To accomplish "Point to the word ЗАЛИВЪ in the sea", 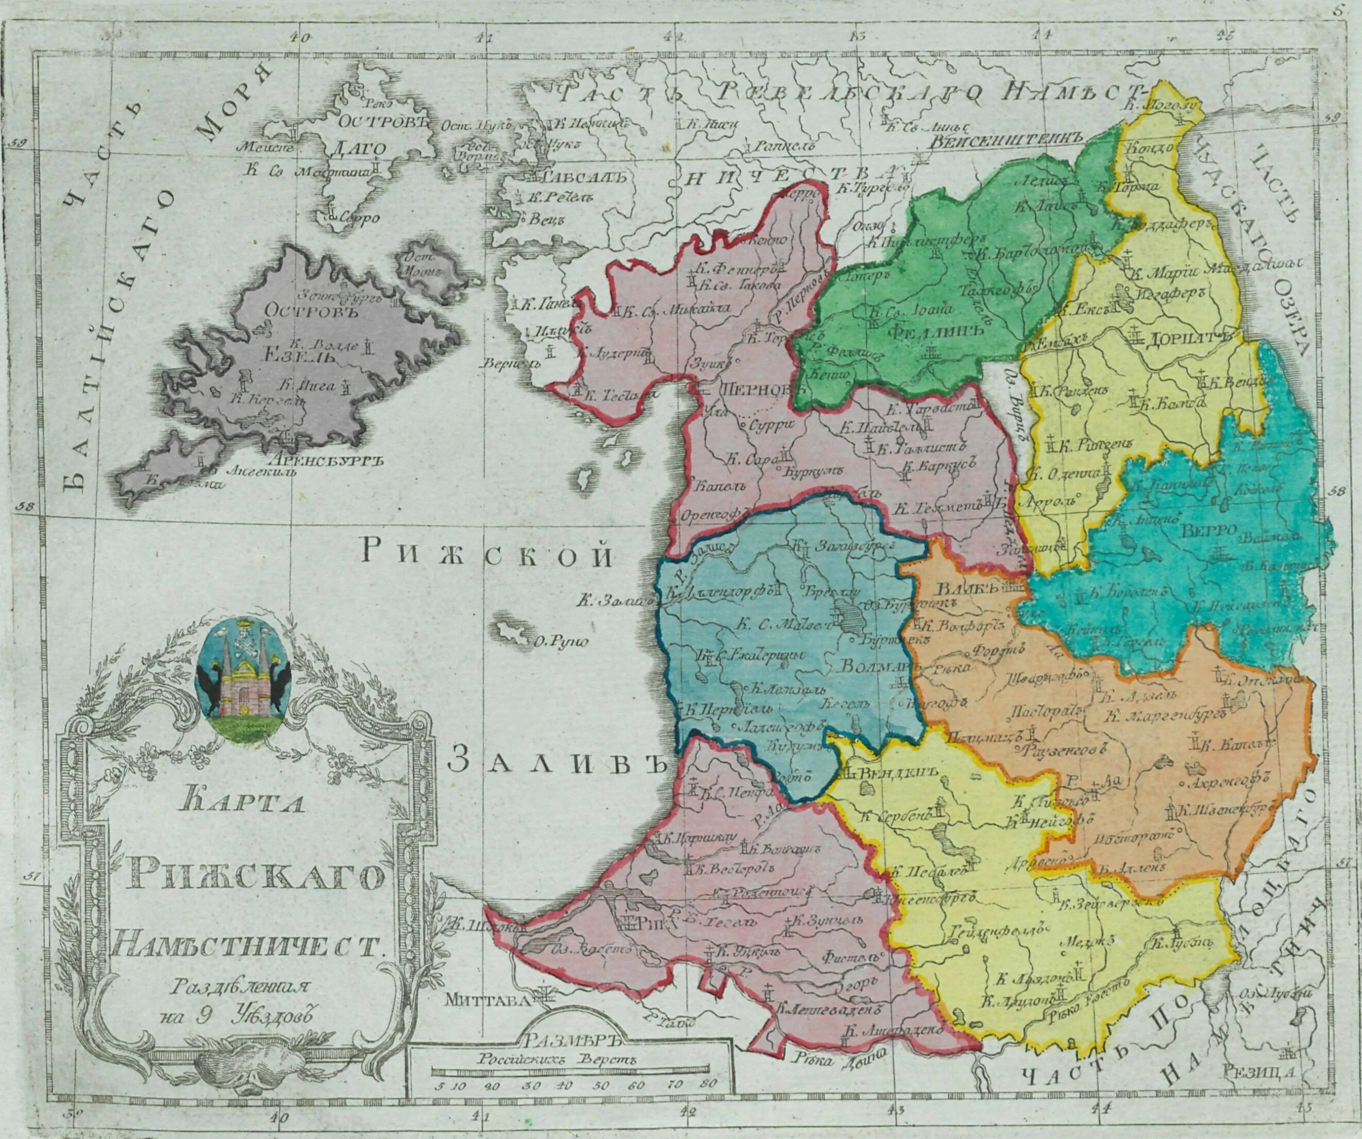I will coord(558,763).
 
